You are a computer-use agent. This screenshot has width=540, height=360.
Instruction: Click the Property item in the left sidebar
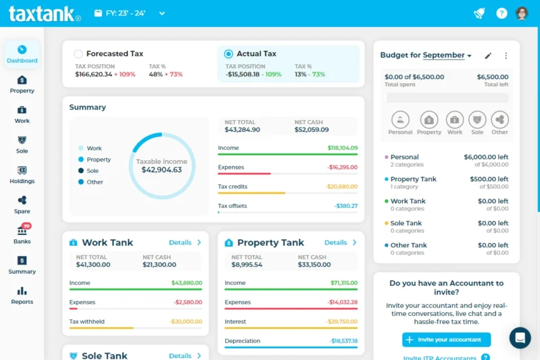[x=22, y=84]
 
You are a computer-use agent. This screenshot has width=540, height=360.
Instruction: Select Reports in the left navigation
[x=22, y=294]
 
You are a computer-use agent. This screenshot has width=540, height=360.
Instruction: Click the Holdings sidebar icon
[x=22, y=174]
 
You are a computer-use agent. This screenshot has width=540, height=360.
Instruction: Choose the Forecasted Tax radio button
[x=78, y=54]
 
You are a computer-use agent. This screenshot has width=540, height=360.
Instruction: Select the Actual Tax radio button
[x=228, y=54]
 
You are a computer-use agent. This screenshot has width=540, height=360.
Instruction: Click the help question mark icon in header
[x=502, y=13]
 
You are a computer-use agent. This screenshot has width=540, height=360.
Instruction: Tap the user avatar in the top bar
[x=522, y=13]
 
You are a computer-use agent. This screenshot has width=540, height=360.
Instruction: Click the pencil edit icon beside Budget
[x=488, y=55]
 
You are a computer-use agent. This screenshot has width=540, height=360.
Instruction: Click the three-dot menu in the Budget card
[x=506, y=55]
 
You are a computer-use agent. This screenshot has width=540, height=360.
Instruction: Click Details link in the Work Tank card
[x=185, y=242]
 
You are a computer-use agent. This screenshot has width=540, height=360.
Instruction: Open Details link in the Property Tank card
[x=340, y=242]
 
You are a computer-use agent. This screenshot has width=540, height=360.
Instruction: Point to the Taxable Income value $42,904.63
[x=162, y=170]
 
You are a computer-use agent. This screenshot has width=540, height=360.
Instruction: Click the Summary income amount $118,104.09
[x=342, y=148]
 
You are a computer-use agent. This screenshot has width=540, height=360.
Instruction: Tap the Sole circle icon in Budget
[x=477, y=120]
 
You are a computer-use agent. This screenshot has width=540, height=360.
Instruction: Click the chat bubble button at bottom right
[x=520, y=338]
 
